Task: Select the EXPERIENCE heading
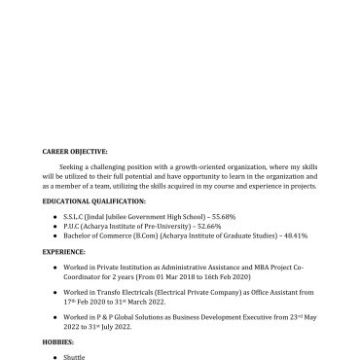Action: [x=64, y=250]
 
